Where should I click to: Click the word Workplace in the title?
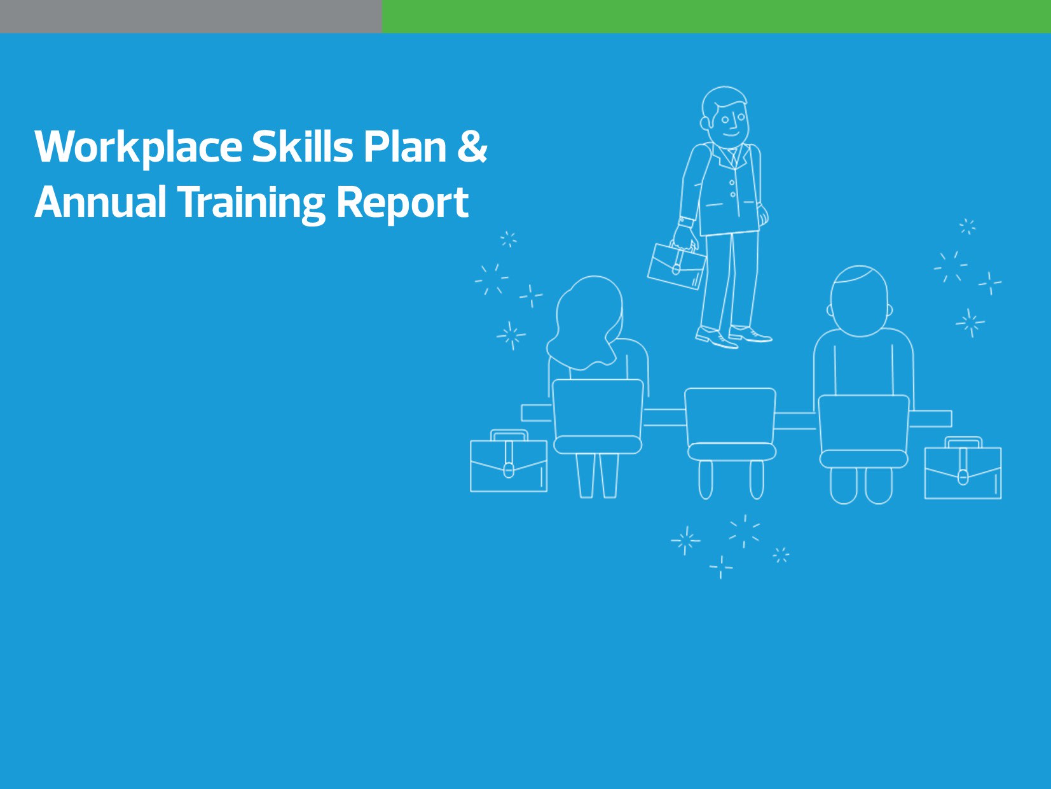138,148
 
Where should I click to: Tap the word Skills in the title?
302,146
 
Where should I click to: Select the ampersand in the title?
472,146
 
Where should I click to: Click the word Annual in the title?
100,202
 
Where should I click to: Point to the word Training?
250,203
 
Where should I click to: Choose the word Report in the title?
402,203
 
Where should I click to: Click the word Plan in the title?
405,146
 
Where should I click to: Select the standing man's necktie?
734,157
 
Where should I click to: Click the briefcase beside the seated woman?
509,464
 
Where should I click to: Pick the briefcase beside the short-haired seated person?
963,471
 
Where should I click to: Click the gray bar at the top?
191,16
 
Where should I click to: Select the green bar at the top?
716,16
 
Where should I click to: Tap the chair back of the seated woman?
598,407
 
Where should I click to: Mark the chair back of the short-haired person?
863,422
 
